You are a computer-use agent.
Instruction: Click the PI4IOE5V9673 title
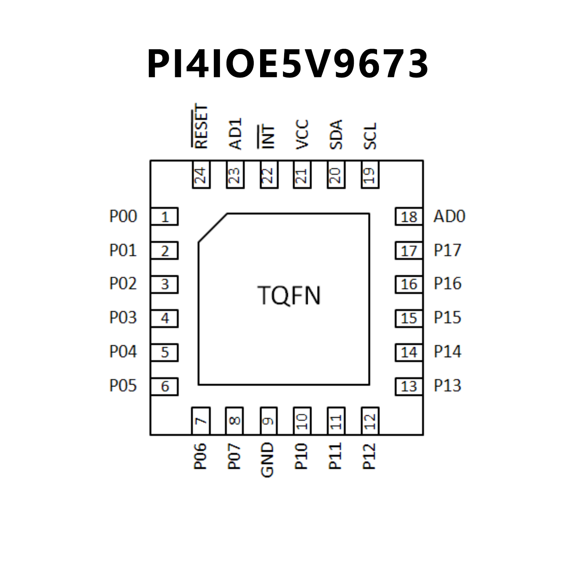tap(288, 64)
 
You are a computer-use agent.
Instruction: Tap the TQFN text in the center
tap(289, 295)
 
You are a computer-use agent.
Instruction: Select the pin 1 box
tap(164, 217)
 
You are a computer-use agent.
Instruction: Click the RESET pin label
tap(201, 126)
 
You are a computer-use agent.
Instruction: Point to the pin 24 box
tap(201, 175)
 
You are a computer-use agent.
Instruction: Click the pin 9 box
tap(268, 421)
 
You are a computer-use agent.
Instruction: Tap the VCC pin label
tap(302, 134)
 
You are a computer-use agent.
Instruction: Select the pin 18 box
tap(409, 217)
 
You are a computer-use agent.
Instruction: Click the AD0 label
tap(449, 217)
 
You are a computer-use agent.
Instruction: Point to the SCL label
tap(370, 136)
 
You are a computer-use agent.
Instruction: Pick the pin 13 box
tap(409, 386)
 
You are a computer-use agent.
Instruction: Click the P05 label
tap(123, 386)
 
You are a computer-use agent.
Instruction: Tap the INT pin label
tap(267, 136)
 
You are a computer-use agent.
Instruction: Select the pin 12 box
tap(370, 421)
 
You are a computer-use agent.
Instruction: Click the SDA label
tap(336, 135)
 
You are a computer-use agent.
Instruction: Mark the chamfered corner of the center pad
tap(212, 228)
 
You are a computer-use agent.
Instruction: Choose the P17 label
tap(447, 250)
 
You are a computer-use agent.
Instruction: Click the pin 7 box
tap(201, 421)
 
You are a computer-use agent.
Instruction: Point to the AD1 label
tap(235, 134)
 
